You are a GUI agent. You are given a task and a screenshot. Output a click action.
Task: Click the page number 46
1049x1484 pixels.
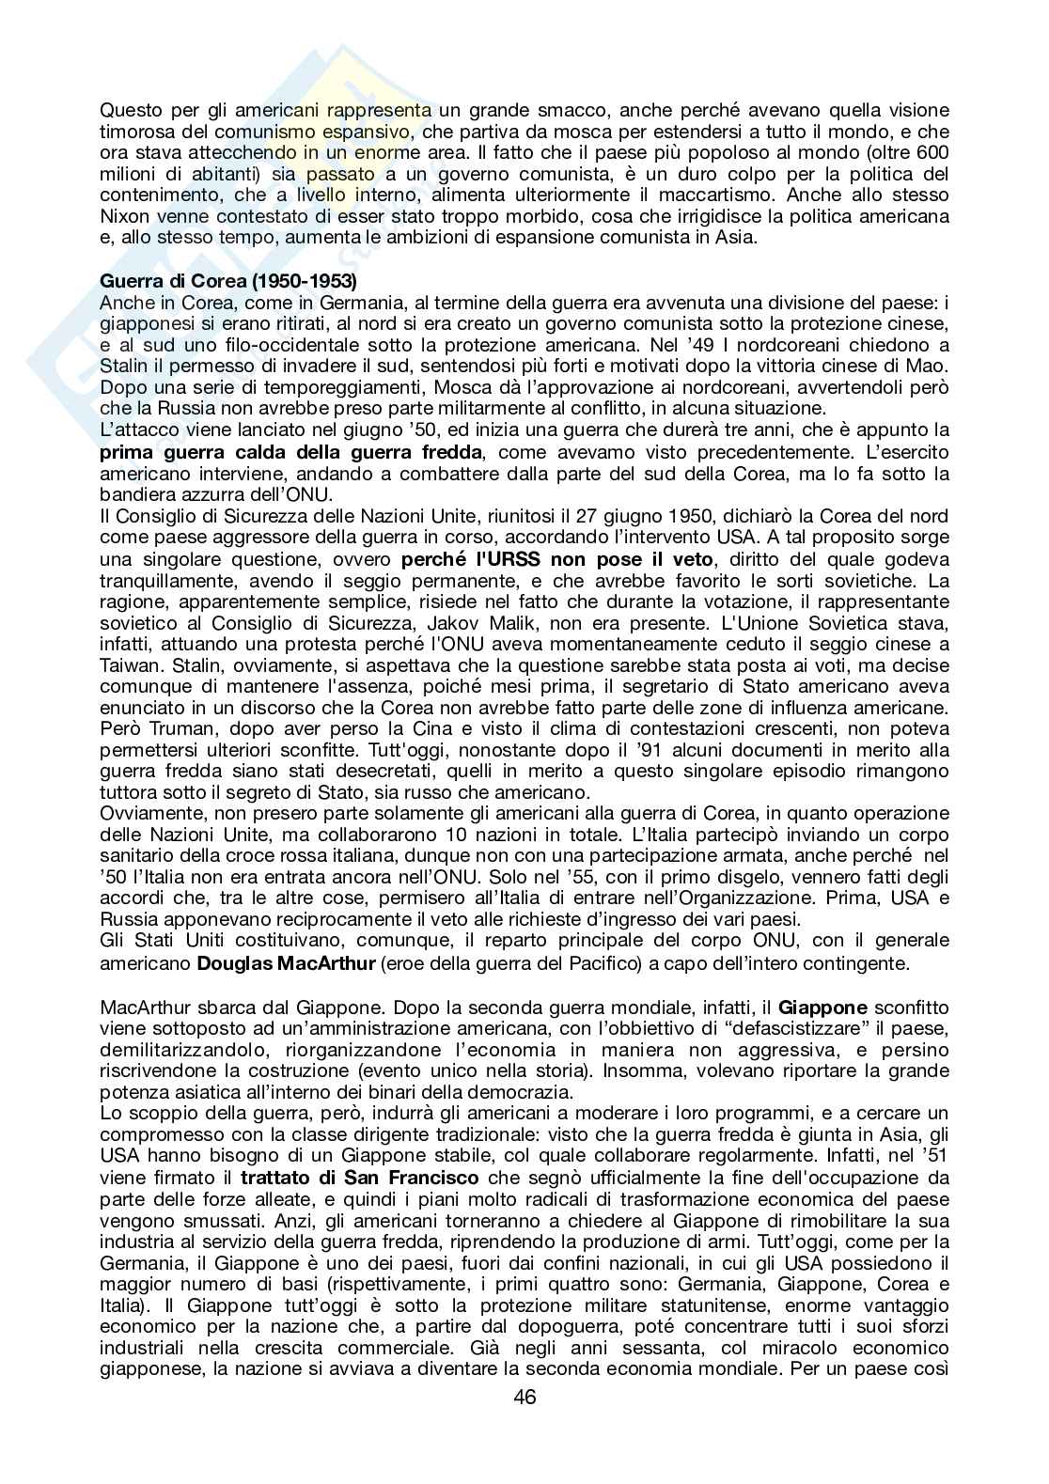(x=524, y=1423)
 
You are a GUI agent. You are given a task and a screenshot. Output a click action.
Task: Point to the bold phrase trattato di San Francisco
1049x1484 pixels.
(x=359, y=1178)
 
